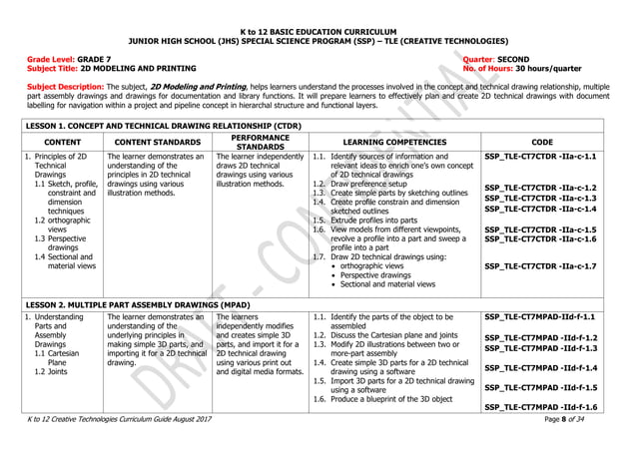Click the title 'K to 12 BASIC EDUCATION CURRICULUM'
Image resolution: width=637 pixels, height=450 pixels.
tap(318, 33)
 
